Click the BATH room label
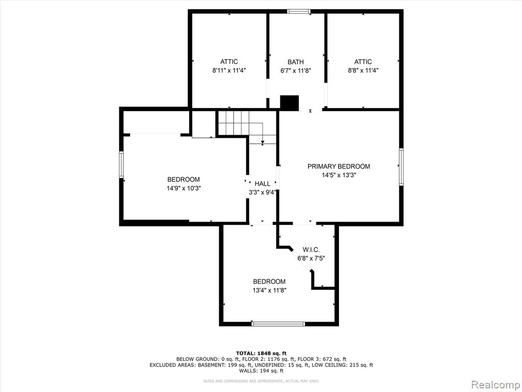tap(296, 62)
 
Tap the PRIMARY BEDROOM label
tap(338, 166)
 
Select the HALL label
tap(263, 184)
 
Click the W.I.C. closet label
tap(311, 250)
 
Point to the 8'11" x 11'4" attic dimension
tap(229, 70)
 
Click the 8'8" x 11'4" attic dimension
tap(363, 70)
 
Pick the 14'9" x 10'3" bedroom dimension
tap(184, 188)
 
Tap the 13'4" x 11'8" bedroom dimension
tap(269, 290)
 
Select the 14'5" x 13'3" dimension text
tap(339, 176)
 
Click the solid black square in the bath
tap(290, 103)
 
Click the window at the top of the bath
tap(299, 11)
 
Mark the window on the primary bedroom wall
tap(401, 167)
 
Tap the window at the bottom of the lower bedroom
tap(278, 324)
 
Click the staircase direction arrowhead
tap(263, 143)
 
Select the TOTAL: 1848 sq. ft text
tap(261, 353)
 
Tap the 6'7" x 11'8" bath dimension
tap(296, 70)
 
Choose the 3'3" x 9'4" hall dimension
tap(263, 192)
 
